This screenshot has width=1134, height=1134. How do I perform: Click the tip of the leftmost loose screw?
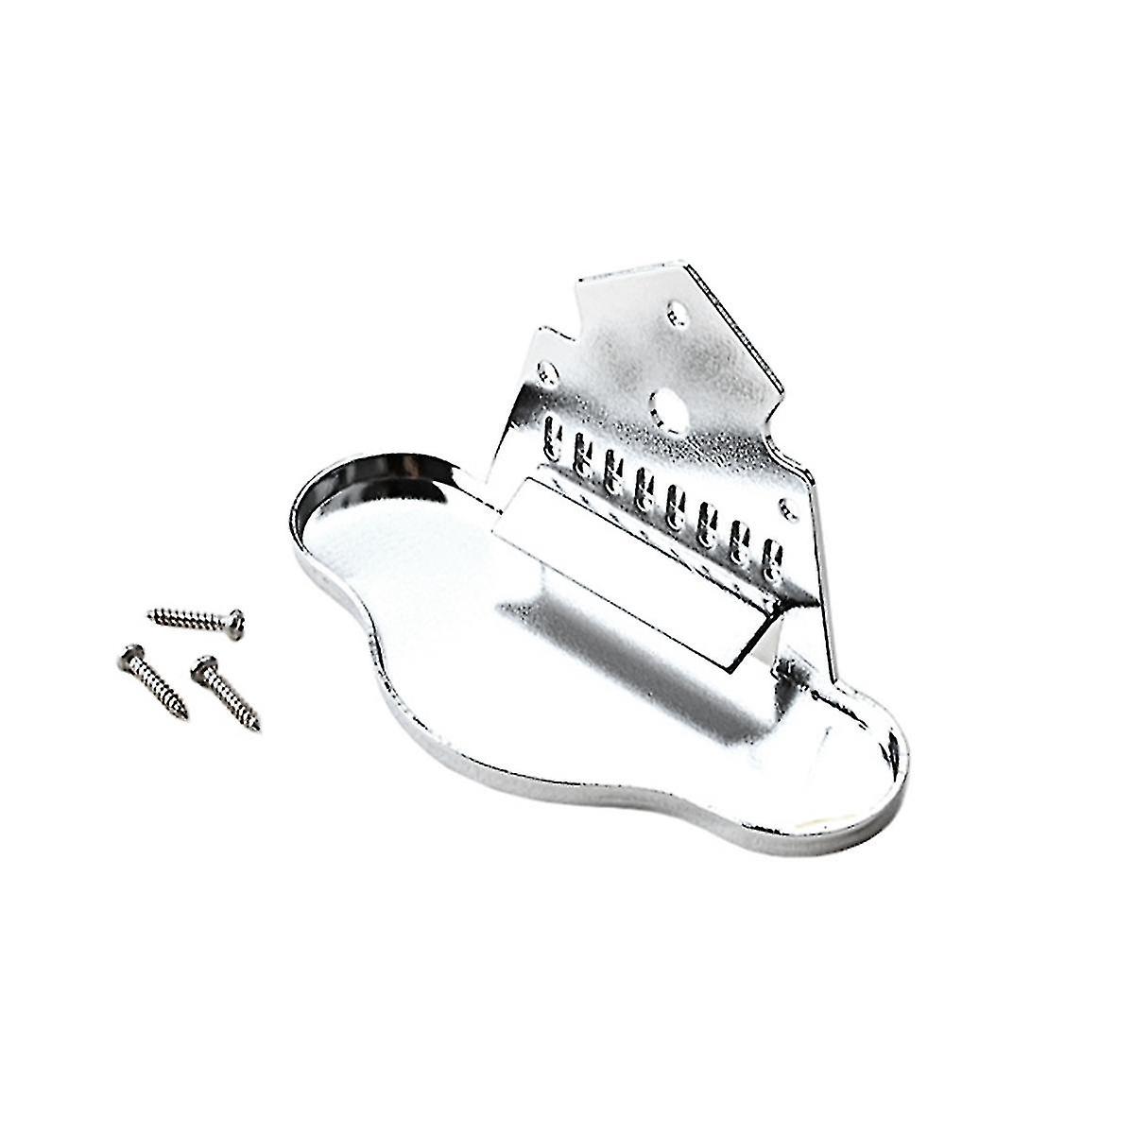(x=184, y=715)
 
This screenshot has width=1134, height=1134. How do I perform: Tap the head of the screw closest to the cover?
(x=199, y=668)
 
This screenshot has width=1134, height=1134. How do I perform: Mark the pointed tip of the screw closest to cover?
(x=258, y=729)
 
